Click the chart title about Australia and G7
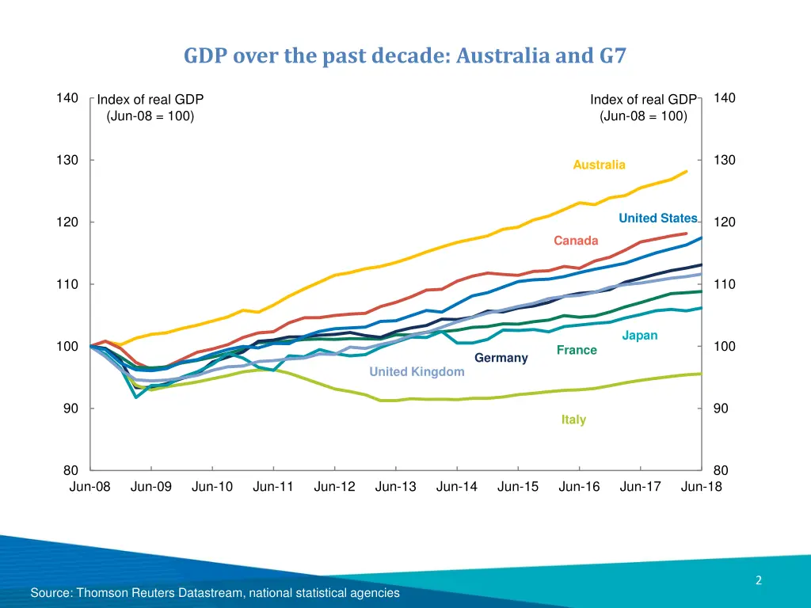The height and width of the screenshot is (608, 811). coord(405,56)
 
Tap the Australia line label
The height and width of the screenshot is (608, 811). coord(599,165)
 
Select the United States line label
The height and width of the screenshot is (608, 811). coord(657,218)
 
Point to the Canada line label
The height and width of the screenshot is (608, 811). coord(576,241)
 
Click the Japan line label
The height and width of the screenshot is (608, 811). coord(639,336)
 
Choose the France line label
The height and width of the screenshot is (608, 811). coord(577,350)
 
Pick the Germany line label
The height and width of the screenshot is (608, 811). coord(501,358)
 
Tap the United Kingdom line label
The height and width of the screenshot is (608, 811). coord(417,372)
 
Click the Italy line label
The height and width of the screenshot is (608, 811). coord(573,420)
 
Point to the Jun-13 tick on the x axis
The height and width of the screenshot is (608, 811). coord(395,487)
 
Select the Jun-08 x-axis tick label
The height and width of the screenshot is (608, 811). coord(90,487)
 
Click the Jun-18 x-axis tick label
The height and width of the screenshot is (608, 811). coord(701,487)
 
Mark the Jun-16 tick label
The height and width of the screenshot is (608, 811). coord(579,487)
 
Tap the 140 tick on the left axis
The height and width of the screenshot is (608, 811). coord(67,98)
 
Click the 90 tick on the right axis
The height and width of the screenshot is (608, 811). coord(725,408)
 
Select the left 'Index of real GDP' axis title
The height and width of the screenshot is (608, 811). coord(150,108)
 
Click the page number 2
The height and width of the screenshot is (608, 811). coord(758,581)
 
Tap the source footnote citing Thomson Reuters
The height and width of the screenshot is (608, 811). coord(215,593)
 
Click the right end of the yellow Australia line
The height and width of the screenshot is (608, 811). coord(687,171)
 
